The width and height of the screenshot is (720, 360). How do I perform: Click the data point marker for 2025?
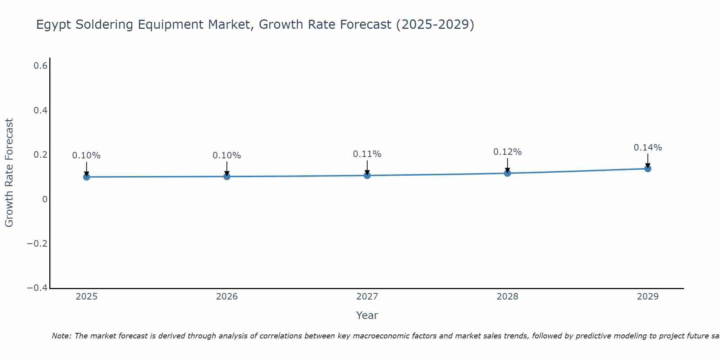click(86, 177)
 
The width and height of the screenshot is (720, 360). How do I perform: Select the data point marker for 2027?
click(367, 175)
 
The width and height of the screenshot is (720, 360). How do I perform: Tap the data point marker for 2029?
click(648, 168)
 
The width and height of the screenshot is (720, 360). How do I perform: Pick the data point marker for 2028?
click(508, 173)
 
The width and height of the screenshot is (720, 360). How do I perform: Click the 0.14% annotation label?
click(648, 148)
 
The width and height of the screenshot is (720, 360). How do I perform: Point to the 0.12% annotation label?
click(507, 152)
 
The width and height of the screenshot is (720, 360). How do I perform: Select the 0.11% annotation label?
click(367, 154)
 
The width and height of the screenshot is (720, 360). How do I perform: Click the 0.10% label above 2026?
click(226, 156)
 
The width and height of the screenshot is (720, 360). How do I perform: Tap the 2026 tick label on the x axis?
click(227, 297)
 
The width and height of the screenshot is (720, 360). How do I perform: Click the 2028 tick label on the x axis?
click(507, 297)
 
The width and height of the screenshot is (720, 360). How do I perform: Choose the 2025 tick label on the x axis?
click(87, 297)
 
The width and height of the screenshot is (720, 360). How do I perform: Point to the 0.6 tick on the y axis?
click(40, 66)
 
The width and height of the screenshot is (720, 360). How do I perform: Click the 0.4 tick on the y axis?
click(40, 111)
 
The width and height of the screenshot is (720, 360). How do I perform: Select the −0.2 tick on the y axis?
click(37, 244)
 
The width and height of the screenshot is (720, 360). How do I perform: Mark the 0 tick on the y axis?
click(45, 199)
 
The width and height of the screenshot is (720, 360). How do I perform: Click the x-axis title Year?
click(367, 315)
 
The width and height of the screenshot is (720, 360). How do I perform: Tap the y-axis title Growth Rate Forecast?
click(9, 173)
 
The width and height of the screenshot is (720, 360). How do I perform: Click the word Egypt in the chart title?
click(54, 25)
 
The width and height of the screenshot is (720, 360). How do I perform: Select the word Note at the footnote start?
click(62, 336)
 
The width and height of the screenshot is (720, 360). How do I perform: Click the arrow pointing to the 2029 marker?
click(648, 161)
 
